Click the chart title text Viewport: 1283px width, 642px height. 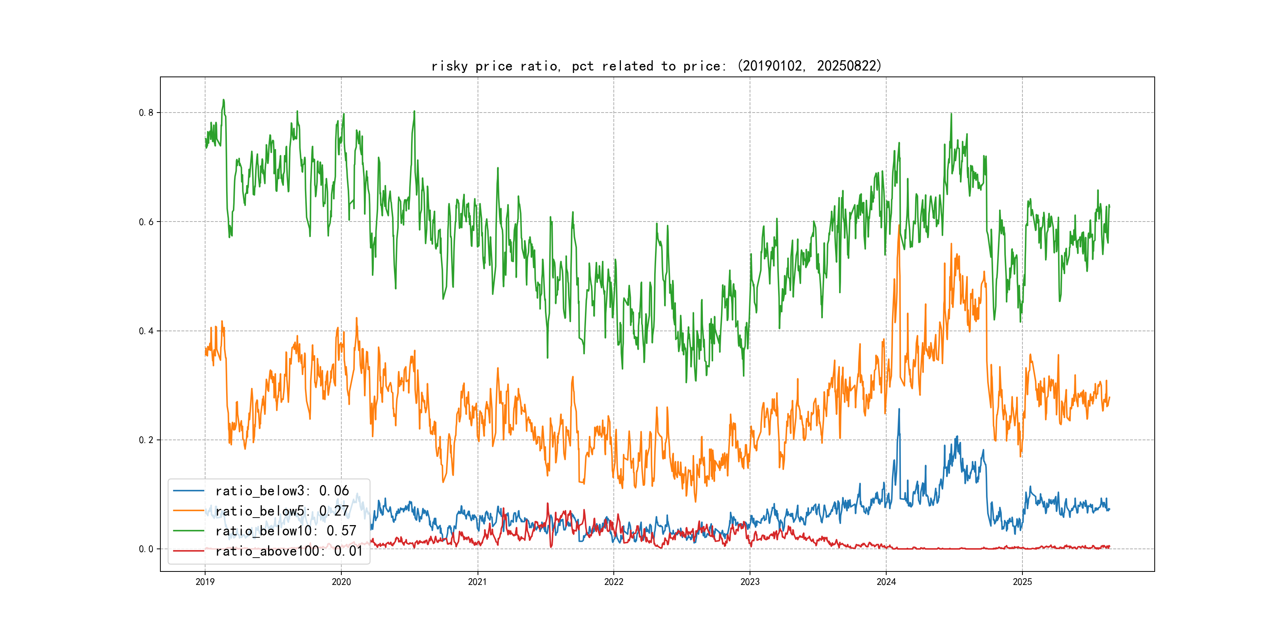click(x=657, y=66)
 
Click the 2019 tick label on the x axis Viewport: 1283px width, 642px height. click(x=205, y=582)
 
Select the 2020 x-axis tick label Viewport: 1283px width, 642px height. click(x=341, y=582)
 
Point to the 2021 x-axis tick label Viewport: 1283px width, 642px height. click(x=477, y=582)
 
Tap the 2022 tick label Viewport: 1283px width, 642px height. click(x=614, y=582)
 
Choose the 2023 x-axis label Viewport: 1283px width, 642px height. click(x=750, y=582)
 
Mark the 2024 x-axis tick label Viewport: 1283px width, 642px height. click(x=886, y=582)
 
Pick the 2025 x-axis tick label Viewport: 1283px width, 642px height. click(x=1022, y=582)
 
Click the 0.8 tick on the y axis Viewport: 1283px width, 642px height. click(x=146, y=113)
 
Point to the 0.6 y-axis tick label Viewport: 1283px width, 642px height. click(x=146, y=222)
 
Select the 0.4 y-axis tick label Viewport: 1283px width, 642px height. click(x=146, y=331)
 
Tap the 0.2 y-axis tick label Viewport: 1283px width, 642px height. click(x=146, y=440)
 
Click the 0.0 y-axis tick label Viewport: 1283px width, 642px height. click(x=146, y=549)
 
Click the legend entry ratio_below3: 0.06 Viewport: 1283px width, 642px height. click(x=282, y=491)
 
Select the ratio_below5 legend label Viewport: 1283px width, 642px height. click(x=282, y=511)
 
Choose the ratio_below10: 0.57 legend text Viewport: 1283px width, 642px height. click(x=286, y=531)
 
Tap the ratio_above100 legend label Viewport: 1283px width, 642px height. click(x=289, y=551)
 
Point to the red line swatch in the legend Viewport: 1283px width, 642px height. click(x=188, y=551)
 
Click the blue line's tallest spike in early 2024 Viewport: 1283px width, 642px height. click(x=899, y=410)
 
